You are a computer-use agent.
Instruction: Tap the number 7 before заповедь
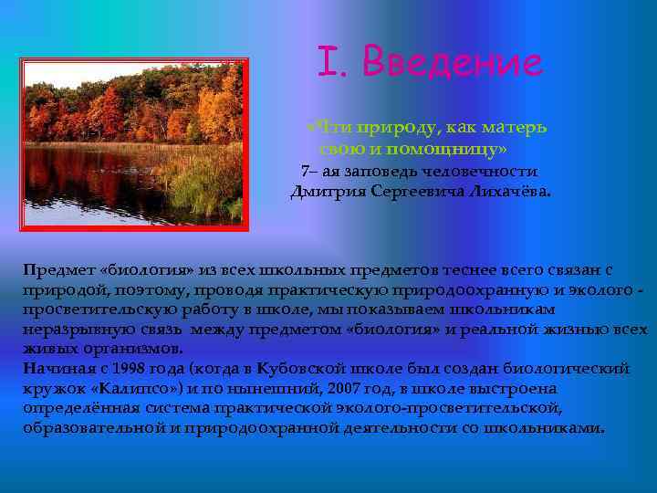tap(305, 171)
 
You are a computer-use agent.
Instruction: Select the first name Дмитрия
tap(328, 192)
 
